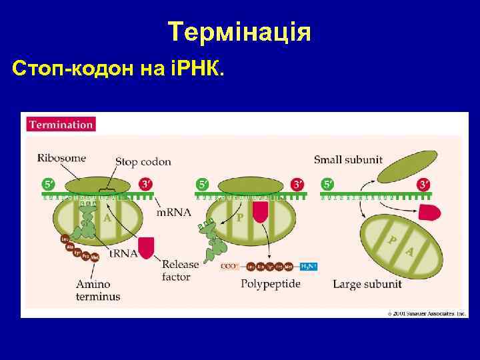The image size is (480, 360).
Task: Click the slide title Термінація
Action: coord(239,31)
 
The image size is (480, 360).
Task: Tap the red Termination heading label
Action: coord(60,124)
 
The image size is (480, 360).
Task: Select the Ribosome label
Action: coord(61,159)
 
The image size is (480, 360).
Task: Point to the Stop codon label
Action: coord(143,161)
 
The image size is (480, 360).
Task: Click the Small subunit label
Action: coord(348,159)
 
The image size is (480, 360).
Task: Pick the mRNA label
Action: coord(173,213)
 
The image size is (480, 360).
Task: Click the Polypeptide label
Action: coord(270,284)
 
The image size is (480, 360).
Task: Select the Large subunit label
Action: coord(367,284)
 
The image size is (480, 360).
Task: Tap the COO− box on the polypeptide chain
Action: coord(227,265)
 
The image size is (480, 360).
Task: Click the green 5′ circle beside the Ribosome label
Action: coord(48,184)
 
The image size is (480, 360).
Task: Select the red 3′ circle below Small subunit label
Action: coord(423,184)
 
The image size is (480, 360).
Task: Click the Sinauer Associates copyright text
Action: coord(419,312)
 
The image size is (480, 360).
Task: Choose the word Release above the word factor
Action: coord(180,265)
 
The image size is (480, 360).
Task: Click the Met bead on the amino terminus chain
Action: coord(95,257)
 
